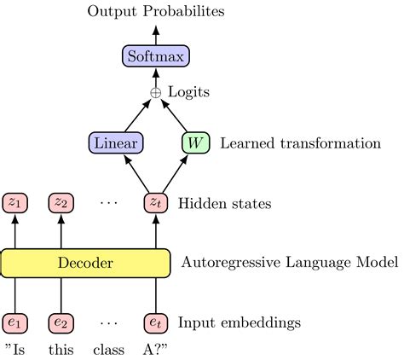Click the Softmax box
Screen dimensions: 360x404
tap(155, 57)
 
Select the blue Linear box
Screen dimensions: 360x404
tap(115, 142)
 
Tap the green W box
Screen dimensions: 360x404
tap(195, 142)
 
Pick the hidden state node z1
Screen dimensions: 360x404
tap(16, 203)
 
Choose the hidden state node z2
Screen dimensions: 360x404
tap(61, 203)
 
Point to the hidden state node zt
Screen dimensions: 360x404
tap(155, 203)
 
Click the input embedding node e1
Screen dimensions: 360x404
tap(16, 323)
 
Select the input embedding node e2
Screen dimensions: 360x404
tap(61, 323)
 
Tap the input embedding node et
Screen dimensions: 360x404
tap(155, 323)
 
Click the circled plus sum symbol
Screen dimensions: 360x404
tap(155, 91)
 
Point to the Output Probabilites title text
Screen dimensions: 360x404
tap(155, 13)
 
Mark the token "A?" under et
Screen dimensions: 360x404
tap(155, 350)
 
